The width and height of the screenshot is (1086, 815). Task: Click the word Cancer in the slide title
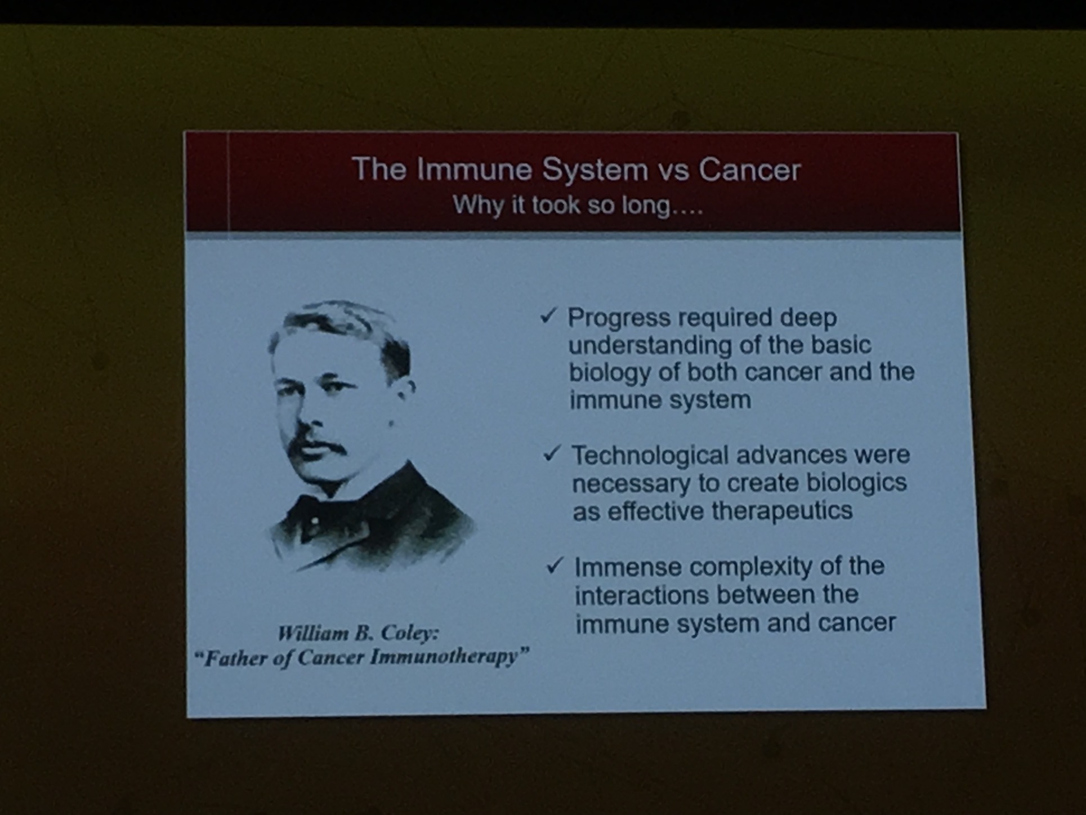click(749, 170)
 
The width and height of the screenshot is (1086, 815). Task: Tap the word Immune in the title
click(475, 169)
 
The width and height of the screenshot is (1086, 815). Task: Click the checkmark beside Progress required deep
click(548, 316)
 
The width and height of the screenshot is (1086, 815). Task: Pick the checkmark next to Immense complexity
click(555, 565)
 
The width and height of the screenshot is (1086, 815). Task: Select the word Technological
click(650, 455)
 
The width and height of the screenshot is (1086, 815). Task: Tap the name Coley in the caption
click(409, 634)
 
